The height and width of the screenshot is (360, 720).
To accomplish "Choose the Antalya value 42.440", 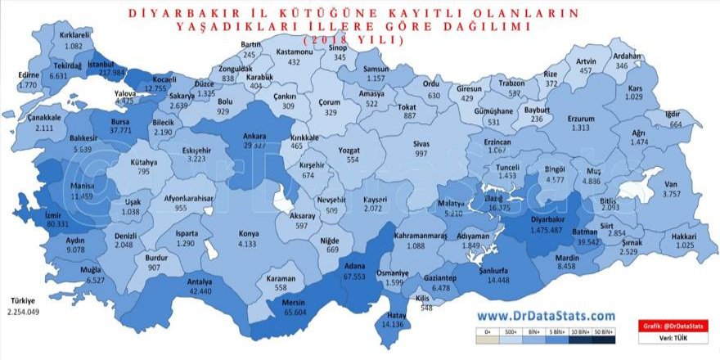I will coord(195,291).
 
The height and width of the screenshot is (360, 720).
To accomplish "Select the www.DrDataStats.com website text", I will coord(546,316).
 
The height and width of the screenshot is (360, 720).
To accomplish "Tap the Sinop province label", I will coord(338,48).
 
